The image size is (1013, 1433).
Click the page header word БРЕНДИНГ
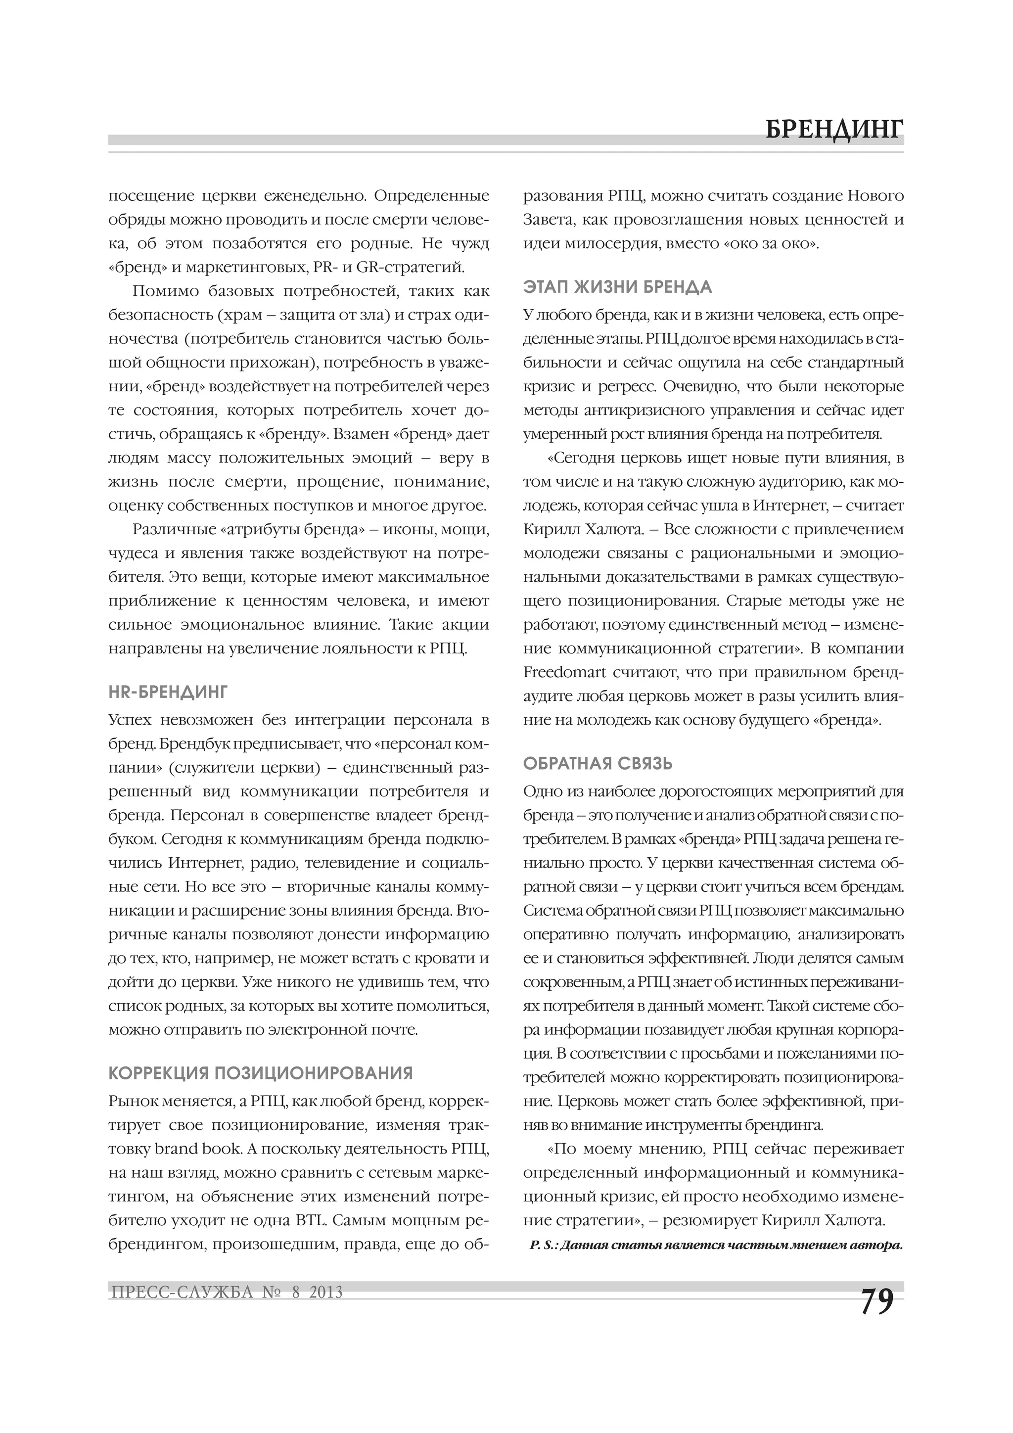click(834, 129)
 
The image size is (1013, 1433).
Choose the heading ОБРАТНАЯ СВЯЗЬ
click(598, 763)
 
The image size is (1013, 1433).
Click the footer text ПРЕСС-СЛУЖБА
click(182, 1292)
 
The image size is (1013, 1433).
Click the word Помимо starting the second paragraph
click(162, 291)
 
